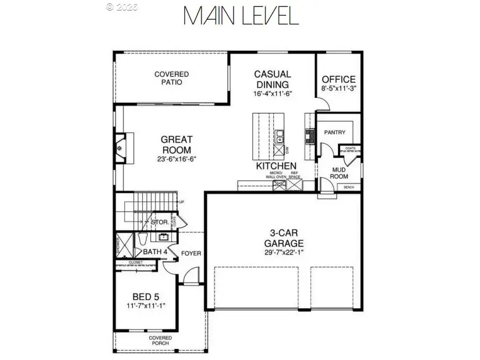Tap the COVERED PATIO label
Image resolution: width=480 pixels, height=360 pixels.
click(x=171, y=78)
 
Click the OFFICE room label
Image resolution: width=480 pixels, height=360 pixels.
click(x=338, y=79)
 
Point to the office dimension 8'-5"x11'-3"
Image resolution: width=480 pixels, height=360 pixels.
click(x=338, y=89)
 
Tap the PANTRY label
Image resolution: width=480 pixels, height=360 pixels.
click(x=334, y=132)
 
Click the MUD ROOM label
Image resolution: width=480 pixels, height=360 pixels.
click(x=340, y=173)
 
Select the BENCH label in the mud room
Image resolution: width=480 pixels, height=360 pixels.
click(x=349, y=187)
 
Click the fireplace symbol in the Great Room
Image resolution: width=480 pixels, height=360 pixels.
click(x=121, y=148)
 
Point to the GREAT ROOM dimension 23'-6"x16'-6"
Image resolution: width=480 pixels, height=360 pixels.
click(x=177, y=159)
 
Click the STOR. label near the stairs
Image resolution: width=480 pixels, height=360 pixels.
click(x=160, y=223)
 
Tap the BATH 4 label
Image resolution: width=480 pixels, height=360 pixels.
click(x=156, y=252)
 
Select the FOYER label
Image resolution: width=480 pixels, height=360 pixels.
click(x=191, y=253)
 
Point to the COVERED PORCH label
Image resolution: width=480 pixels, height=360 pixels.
click(x=160, y=340)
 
